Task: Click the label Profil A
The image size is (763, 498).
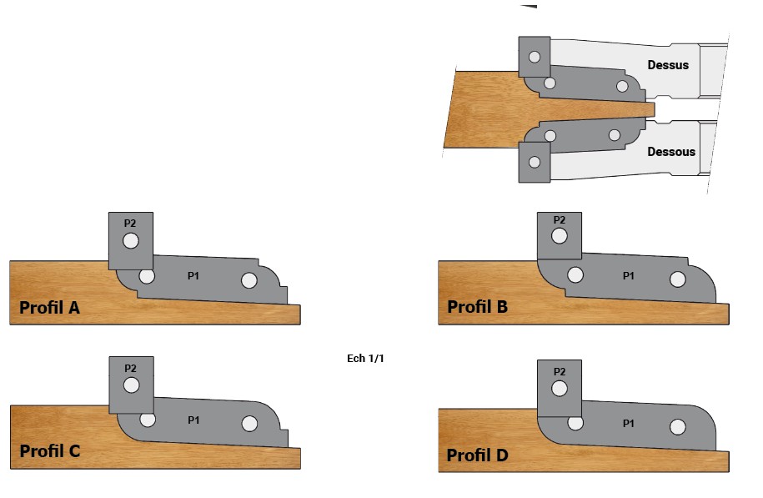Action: (x=49, y=309)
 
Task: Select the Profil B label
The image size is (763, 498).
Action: (x=477, y=307)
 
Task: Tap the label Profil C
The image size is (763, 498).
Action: (x=49, y=452)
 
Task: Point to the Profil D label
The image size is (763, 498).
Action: (x=477, y=455)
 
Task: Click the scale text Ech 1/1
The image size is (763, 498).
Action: (x=365, y=359)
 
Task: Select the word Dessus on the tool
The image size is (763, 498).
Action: (x=668, y=64)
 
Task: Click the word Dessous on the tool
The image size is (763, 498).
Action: (x=670, y=152)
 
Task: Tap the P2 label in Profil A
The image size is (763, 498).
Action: (x=130, y=224)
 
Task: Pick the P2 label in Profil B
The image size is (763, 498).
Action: (x=559, y=220)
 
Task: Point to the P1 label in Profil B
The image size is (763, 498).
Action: (x=629, y=274)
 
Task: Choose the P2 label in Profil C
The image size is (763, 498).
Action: (x=130, y=368)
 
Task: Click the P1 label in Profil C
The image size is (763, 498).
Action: (x=193, y=420)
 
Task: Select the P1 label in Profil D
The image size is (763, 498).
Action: (x=629, y=424)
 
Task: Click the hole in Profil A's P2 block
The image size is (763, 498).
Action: (x=130, y=241)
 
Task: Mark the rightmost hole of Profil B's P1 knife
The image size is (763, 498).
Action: (x=678, y=279)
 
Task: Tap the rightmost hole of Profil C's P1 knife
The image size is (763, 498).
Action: (x=249, y=424)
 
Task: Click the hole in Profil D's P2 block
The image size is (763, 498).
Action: (x=560, y=389)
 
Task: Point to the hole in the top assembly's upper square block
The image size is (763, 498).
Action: (x=534, y=58)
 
